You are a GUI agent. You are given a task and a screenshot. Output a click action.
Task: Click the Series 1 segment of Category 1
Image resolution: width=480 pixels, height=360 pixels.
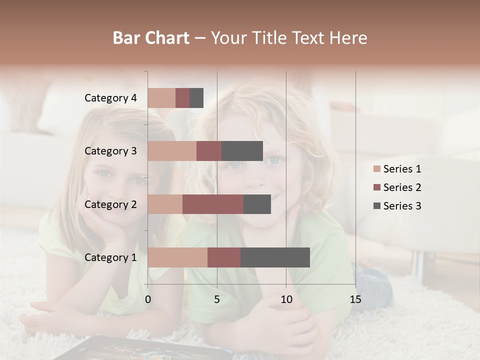pos(177,257)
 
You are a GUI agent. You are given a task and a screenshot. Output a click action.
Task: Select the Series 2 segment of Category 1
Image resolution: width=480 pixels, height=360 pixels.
pos(224,257)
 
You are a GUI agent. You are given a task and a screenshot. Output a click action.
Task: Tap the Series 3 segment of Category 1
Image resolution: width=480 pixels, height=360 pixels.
pos(275,257)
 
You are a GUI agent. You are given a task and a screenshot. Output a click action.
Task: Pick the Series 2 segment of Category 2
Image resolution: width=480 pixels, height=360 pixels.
pos(213,204)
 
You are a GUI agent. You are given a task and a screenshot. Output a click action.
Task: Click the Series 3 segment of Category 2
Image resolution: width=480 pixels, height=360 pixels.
pos(257,204)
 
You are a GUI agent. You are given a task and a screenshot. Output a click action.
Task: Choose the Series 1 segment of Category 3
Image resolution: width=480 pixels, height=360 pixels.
pos(172,151)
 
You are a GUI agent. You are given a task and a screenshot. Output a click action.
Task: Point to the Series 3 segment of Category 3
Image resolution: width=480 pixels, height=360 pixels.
pos(242,151)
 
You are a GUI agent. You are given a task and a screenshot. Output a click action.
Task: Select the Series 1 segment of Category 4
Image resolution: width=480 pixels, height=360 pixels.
pos(161,98)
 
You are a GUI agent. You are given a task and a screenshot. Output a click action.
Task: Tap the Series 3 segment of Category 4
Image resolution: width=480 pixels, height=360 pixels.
pos(196,98)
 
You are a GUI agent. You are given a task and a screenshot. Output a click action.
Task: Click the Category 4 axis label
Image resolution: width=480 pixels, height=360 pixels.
pos(110,98)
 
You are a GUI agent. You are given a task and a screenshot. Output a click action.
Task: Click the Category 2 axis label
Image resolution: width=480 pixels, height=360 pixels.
pos(110,204)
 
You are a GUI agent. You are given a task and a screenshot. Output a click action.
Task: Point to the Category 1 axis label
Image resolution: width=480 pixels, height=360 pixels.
pos(110,257)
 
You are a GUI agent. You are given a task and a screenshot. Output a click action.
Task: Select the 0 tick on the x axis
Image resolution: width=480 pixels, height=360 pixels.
pos(148,299)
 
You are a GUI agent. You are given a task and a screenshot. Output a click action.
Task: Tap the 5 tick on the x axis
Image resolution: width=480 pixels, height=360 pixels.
pos(217,299)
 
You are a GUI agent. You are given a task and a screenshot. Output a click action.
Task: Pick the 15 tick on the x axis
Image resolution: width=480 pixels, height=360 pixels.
pos(355,299)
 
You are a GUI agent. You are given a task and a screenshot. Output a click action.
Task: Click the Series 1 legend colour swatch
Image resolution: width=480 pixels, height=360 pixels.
pos(377,169)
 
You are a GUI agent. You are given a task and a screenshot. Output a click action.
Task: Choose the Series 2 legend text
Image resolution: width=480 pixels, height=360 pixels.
pos(402,187)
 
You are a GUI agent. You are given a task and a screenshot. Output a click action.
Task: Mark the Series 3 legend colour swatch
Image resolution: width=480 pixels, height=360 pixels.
pos(377,206)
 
